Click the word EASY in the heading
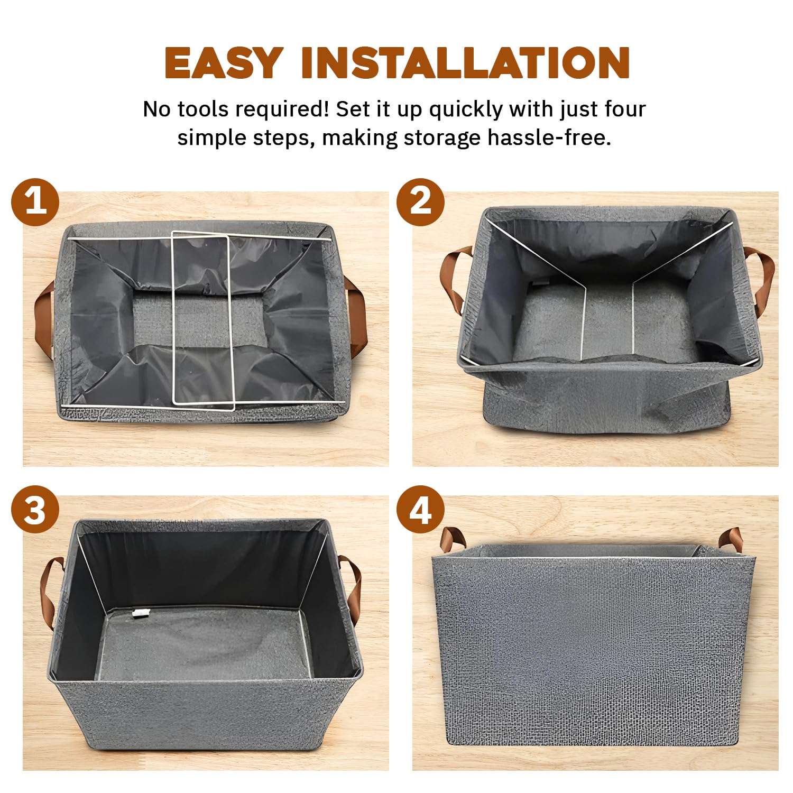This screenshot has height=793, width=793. tap(224, 63)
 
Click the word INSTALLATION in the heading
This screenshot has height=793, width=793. tap(465, 63)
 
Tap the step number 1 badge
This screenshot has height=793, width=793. tap(35, 202)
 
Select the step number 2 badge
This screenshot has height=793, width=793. tap(420, 202)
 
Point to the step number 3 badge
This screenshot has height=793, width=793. tap(35, 510)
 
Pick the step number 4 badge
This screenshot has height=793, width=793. tap(420, 510)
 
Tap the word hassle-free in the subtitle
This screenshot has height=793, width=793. tap(549, 137)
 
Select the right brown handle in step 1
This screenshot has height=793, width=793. tap(357, 317)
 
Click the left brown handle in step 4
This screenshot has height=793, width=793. tap(452, 538)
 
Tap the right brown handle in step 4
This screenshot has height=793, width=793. tap(730, 538)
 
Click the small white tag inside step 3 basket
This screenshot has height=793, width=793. tap(139, 613)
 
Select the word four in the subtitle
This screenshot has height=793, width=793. tap(625, 109)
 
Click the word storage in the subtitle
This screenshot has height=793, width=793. tap(442, 139)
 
